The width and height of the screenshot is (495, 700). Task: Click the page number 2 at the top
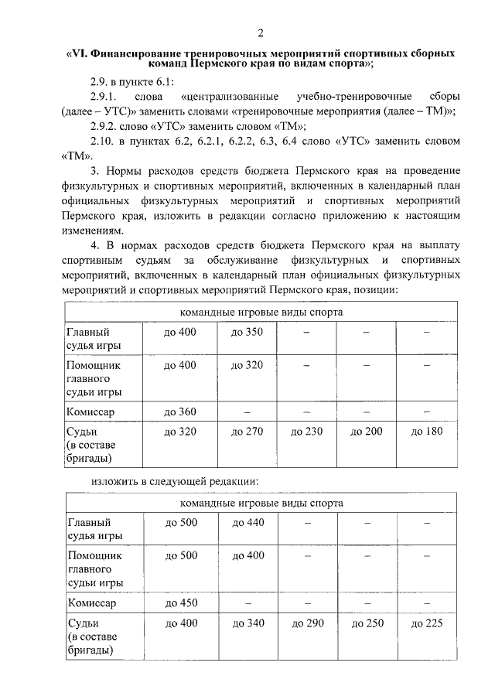261,32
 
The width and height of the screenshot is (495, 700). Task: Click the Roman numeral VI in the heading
80,53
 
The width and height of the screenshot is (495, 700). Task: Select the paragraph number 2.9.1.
102,97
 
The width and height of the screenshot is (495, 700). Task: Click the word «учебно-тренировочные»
340,97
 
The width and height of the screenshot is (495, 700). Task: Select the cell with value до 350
248,332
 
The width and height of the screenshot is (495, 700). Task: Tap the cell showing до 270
248,432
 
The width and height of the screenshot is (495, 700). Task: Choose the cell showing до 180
426,432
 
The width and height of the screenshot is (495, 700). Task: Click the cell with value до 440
248,523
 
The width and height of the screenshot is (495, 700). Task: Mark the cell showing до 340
248,623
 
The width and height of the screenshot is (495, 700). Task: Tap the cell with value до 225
426,623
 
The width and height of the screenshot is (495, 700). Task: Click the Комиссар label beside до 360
91,412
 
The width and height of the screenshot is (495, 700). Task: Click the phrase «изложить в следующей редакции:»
174,481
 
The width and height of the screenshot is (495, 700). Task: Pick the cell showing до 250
367,623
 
